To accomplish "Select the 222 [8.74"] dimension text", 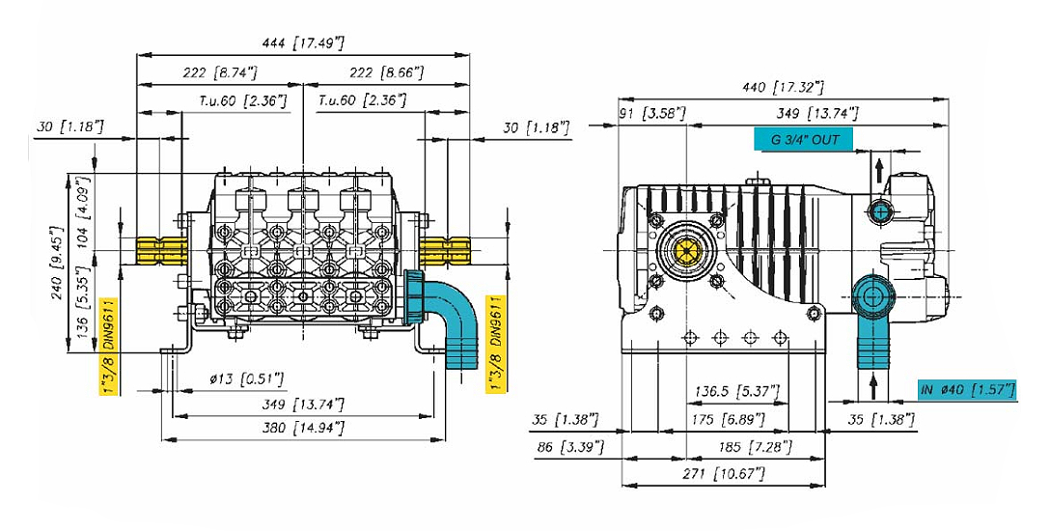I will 219,72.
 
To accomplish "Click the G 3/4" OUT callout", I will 805,140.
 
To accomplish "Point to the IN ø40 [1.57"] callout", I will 967,389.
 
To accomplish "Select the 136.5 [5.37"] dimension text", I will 731,391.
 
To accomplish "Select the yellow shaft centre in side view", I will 686,254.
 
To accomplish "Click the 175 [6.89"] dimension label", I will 731,420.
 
